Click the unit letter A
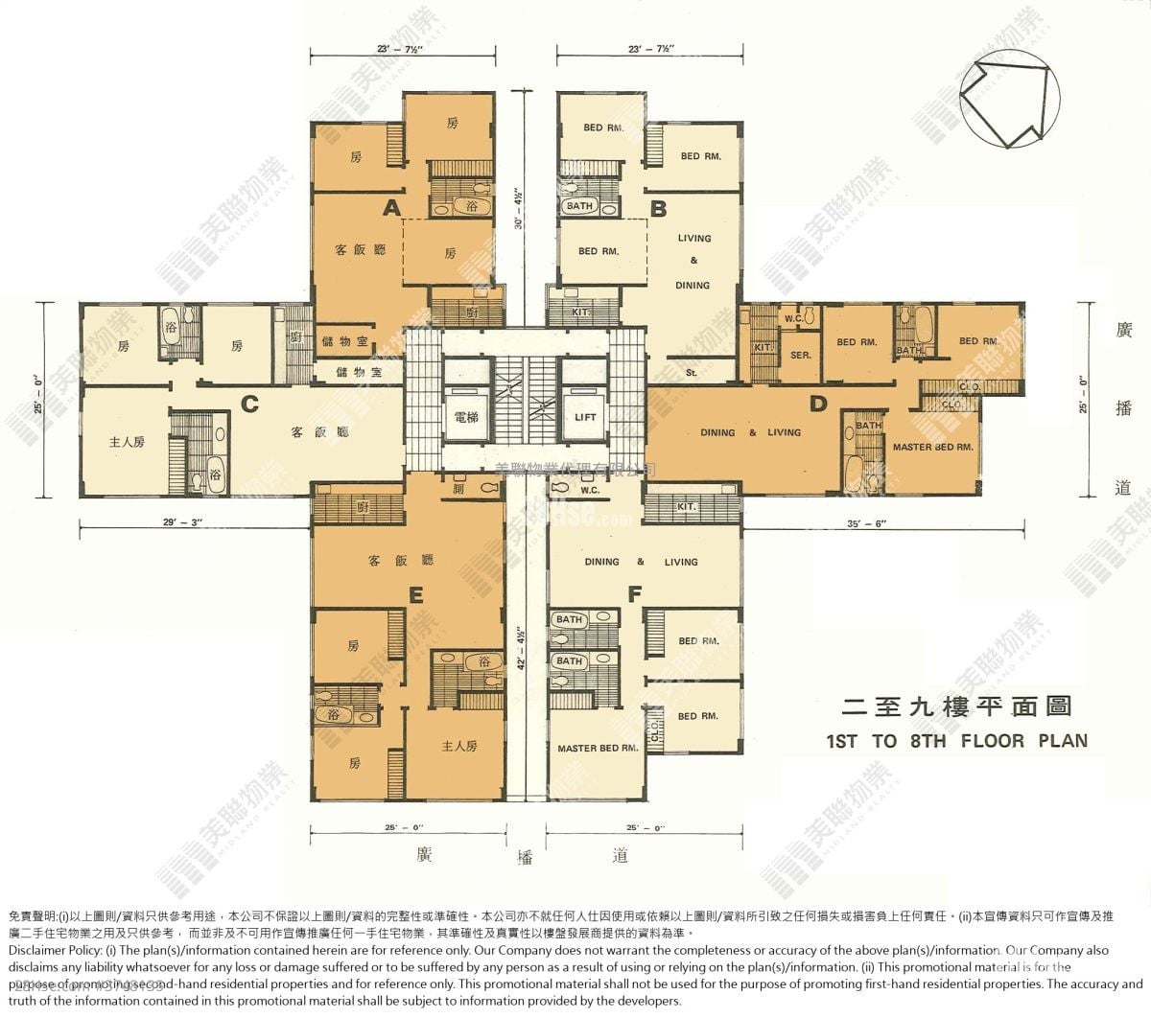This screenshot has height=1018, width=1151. [x=391, y=207]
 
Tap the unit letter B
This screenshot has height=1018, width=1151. [x=658, y=208]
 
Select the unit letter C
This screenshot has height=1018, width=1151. [x=249, y=404]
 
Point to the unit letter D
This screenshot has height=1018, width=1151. [x=817, y=404]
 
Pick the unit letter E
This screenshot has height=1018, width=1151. [x=415, y=595]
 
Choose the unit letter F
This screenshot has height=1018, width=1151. [x=634, y=594]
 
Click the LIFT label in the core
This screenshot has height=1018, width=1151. [x=585, y=418]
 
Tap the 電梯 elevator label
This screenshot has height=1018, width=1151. [x=467, y=418]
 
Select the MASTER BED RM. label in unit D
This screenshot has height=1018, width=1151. [x=932, y=448]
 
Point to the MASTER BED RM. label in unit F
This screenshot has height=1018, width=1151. [x=598, y=748]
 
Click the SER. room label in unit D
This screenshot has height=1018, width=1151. [x=801, y=355]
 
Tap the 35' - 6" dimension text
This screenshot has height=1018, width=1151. [x=867, y=523]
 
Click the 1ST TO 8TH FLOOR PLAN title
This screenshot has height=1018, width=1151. [x=956, y=740]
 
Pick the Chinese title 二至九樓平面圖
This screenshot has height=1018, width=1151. [x=955, y=708]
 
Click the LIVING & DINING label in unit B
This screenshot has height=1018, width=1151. [x=693, y=262]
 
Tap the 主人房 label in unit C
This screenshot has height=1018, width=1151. [x=126, y=442]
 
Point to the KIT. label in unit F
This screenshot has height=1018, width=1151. [x=686, y=506]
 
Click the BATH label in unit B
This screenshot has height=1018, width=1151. [x=579, y=206]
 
